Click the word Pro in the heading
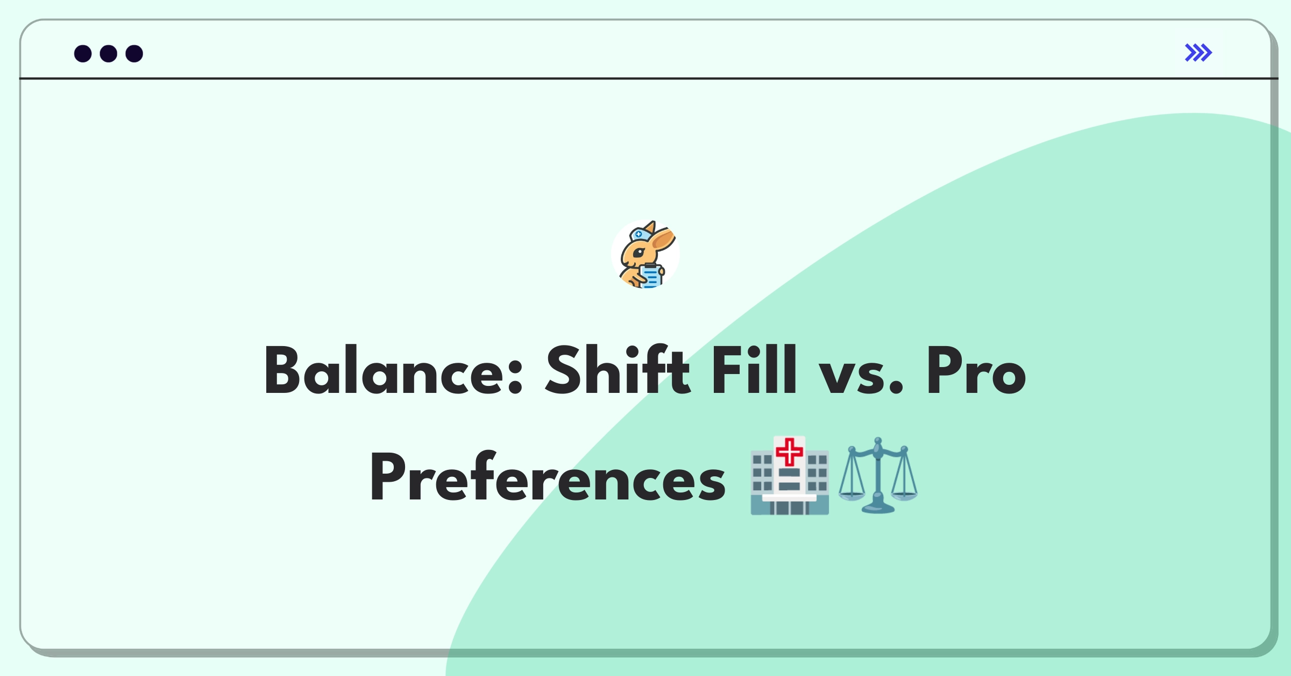(x=976, y=370)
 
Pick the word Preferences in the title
(x=547, y=477)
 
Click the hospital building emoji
(x=790, y=476)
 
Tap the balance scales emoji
(x=878, y=476)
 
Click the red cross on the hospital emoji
(x=789, y=452)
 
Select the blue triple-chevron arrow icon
(x=1198, y=53)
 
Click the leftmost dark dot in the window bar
(x=83, y=53)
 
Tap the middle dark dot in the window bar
(x=109, y=53)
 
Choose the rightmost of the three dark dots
(x=134, y=53)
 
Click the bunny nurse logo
(x=645, y=254)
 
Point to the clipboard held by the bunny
(x=651, y=276)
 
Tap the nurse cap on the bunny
(x=641, y=235)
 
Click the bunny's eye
(x=639, y=252)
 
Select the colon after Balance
(x=515, y=376)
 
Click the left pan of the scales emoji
(x=852, y=494)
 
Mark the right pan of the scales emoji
(x=904, y=494)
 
